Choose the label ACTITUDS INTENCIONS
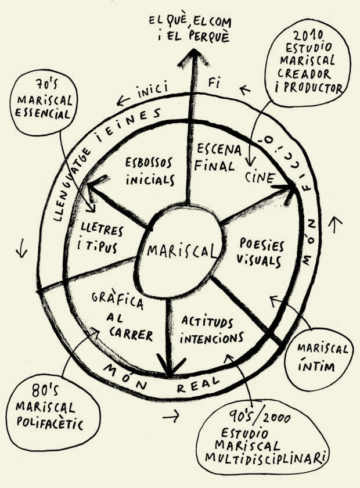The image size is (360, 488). (211, 329)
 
